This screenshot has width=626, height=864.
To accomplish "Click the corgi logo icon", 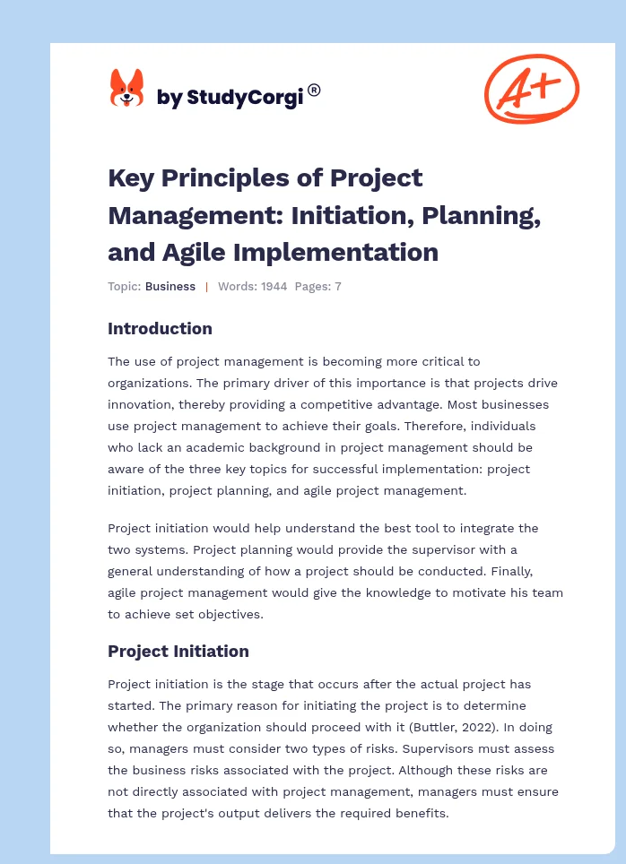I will click(126, 89).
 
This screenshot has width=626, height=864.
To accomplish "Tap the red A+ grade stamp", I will click(531, 89).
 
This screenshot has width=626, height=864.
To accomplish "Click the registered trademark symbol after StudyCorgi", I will click(314, 90).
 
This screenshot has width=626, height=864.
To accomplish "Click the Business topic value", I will click(170, 287).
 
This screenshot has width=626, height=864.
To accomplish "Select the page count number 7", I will click(338, 287).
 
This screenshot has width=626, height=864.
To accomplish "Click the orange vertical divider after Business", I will click(206, 287).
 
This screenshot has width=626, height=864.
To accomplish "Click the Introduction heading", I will click(160, 328).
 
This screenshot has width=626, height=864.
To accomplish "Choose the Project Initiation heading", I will click(178, 651).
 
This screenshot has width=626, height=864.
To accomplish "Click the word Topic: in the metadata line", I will click(124, 287).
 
